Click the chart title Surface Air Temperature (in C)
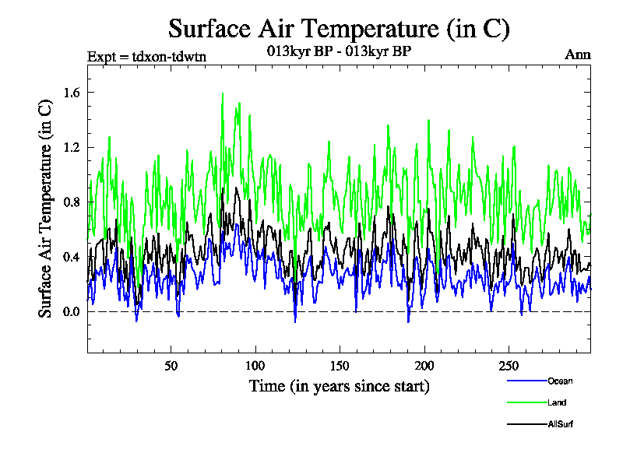point(339,29)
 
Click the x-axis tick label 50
point(171,366)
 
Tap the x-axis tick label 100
point(255,366)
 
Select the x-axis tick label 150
point(339,366)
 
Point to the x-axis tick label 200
point(423,366)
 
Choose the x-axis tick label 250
point(507,366)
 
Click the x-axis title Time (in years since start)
point(339,386)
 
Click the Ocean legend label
point(560,381)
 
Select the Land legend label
point(557,402)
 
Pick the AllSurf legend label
point(560,424)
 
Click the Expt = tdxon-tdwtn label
point(146,55)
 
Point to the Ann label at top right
point(577,54)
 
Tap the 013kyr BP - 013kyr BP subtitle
point(339,51)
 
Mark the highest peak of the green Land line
point(223,93)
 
